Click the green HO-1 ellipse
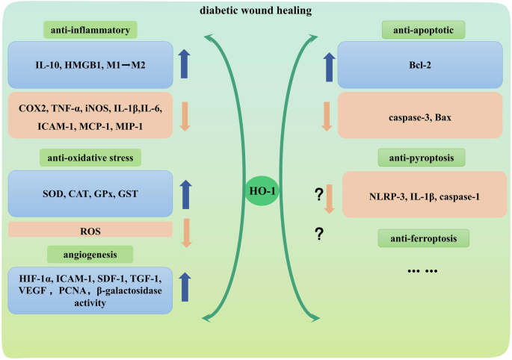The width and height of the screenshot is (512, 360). (256, 192)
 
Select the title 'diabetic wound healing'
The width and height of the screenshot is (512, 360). (256, 10)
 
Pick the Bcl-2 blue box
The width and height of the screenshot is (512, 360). (424, 65)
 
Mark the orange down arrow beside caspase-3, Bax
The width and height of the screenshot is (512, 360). (325, 115)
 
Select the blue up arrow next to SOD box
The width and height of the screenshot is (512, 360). (185, 193)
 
